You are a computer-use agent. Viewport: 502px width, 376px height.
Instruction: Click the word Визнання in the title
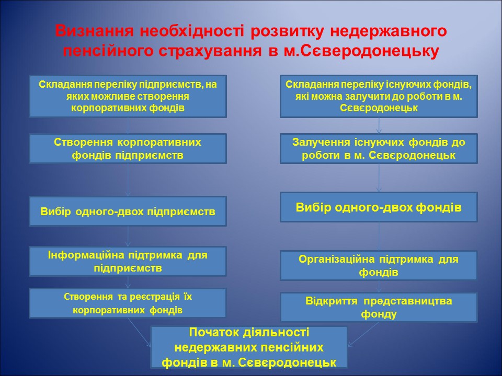(x=94, y=32)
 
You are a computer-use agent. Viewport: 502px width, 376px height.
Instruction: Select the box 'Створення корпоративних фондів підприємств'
(x=128, y=149)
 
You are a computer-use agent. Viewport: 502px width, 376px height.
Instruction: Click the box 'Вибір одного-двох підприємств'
(x=128, y=211)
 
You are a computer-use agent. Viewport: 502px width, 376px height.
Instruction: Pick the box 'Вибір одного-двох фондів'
(x=379, y=207)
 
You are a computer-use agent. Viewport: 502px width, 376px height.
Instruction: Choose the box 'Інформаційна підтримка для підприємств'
(x=128, y=262)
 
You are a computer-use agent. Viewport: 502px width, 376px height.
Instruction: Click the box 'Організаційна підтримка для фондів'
(x=379, y=266)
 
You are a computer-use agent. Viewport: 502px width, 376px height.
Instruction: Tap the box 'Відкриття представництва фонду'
(x=379, y=307)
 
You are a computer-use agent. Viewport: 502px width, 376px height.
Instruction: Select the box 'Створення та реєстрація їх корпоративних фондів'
(x=128, y=303)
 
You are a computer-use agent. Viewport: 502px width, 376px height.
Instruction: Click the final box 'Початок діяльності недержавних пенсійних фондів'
(x=249, y=347)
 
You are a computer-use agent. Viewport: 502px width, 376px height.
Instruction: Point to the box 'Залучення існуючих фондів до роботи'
(x=379, y=149)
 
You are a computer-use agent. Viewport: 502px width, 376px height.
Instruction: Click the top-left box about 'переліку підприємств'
(x=128, y=96)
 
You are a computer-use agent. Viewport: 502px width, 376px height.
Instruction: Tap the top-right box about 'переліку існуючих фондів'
(x=379, y=96)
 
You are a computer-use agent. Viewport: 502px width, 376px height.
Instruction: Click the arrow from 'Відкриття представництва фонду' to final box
(x=363, y=335)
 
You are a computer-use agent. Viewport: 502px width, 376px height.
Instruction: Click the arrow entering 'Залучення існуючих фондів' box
(x=379, y=126)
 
